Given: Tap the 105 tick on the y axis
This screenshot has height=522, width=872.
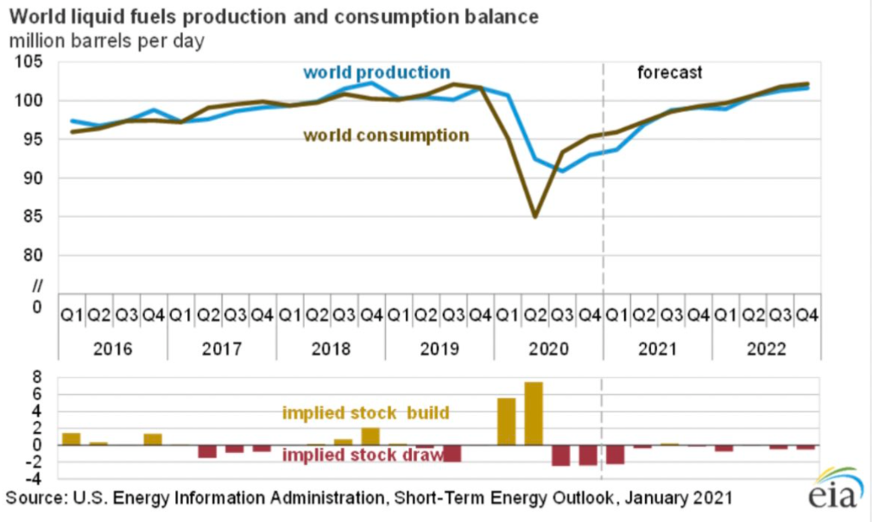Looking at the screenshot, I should point(33,62).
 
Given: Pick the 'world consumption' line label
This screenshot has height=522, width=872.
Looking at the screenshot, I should point(386,135).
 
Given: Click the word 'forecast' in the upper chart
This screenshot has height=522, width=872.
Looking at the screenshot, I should point(670,72).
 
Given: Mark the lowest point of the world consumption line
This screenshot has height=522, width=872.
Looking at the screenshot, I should point(534,217).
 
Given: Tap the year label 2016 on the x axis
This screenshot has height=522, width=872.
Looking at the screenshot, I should point(113,349).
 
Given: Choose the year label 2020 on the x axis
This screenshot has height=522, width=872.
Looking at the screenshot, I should point(548,349).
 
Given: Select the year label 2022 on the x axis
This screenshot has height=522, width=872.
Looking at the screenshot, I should point(766,349).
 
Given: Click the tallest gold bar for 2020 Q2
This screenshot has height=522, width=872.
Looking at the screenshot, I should point(534,413).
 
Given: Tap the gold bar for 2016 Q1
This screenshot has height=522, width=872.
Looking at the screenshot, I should point(71,438).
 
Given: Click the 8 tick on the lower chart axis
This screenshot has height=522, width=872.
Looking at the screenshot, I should point(37,377).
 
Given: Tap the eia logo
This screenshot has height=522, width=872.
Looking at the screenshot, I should point(832,492).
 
